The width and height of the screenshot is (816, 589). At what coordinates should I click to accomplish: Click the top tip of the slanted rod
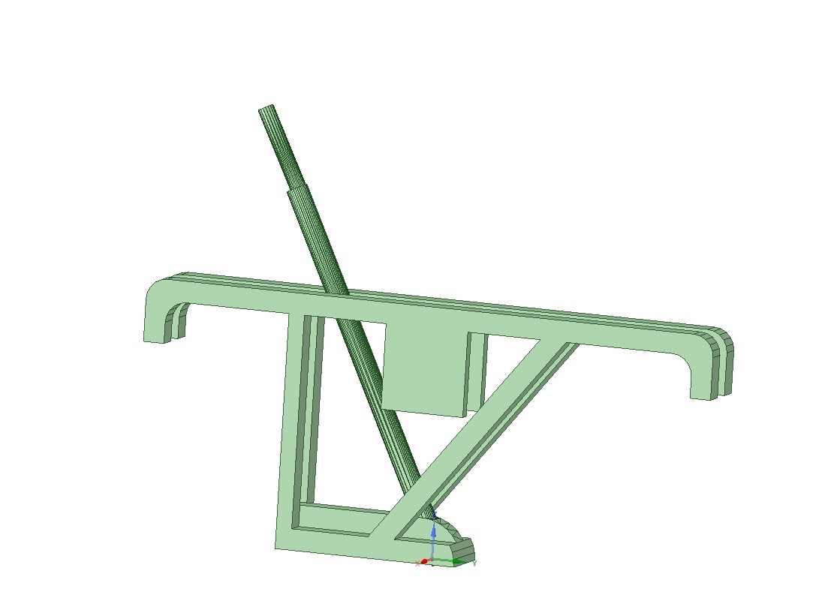point(266,109)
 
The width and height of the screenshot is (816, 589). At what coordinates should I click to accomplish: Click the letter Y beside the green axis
point(475,563)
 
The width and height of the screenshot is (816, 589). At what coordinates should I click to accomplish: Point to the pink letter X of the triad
point(417,563)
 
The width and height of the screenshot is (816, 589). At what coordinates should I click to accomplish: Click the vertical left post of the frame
point(290,420)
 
